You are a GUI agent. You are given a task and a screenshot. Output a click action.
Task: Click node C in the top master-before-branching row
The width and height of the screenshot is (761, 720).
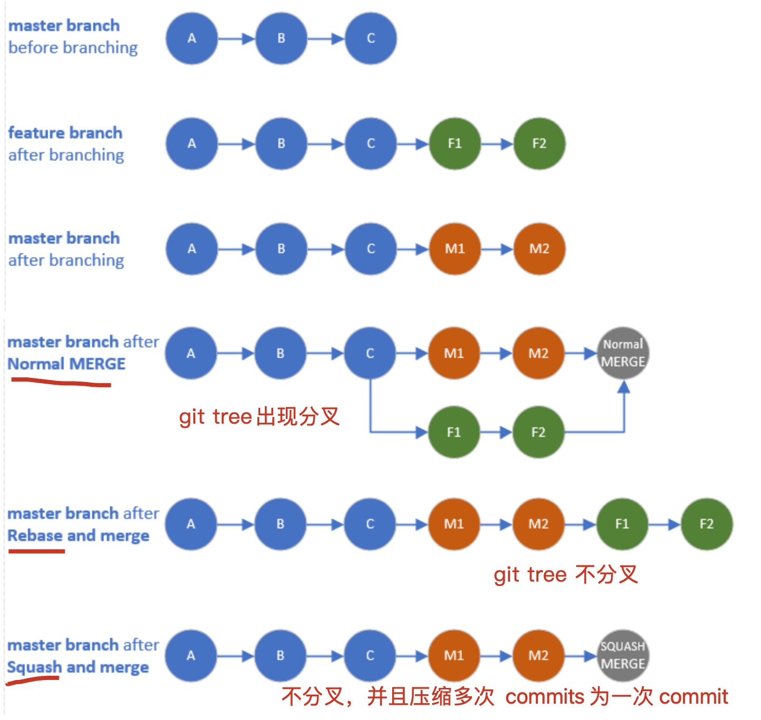click(x=371, y=38)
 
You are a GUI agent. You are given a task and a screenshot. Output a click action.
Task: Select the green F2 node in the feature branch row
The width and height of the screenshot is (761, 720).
click(x=539, y=144)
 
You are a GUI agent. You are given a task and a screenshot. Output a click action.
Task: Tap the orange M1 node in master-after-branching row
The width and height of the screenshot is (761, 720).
click(x=455, y=249)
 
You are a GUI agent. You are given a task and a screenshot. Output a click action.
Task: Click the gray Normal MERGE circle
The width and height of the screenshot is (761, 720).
click(x=623, y=353)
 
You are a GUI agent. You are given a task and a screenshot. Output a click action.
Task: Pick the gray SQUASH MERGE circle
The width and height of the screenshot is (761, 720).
click(x=623, y=655)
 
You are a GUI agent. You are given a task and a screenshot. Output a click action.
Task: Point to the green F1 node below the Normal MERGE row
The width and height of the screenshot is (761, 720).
click(x=454, y=432)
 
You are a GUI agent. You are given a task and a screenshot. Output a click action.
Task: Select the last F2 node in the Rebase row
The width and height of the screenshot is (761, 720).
click(x=706, y=524)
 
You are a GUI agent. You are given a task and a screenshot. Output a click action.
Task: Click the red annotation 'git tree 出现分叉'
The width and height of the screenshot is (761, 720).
click(x=259, y=417)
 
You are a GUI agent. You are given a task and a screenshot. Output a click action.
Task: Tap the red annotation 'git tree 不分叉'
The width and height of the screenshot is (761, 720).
click(x=566, y=574)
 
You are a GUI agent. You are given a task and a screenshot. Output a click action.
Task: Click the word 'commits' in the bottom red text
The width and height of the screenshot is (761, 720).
click(x=545, y=697)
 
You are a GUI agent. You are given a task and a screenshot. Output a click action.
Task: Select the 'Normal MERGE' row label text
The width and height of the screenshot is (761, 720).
click(x=67, y=364)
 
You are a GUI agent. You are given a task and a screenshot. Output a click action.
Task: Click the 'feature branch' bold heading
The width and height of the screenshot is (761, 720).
click(x=65, y=133)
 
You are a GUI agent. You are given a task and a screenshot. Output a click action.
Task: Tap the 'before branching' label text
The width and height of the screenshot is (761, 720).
click(x=73, y=48)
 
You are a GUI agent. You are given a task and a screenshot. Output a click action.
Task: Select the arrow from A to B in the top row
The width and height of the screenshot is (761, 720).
click(x=236, y=38)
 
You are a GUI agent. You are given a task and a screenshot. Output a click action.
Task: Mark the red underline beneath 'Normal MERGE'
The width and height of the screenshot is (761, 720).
click(x=61, y=383)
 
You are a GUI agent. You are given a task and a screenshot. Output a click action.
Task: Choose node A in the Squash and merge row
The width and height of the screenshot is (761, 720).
click(x=191, y=656)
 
